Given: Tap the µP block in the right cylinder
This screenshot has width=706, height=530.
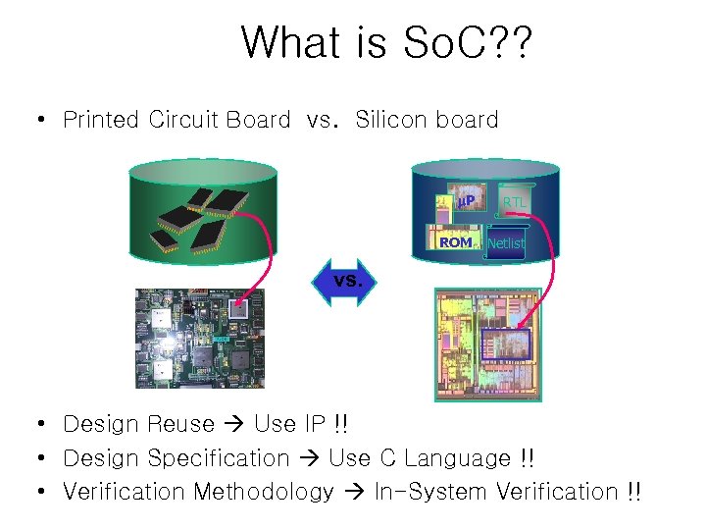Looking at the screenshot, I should pos(466,201).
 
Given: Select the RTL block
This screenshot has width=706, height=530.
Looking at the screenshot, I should pos(515,203).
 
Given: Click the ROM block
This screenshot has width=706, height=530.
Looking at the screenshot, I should pos(455,241).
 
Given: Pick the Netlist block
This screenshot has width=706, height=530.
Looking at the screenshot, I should pos(506,242).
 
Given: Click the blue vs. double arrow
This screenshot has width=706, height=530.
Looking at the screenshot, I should pos(348,281).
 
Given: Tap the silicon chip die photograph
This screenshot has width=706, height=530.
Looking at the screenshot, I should pos(486,344).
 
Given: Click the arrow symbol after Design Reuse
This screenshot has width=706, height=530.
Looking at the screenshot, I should pos(234,426).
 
